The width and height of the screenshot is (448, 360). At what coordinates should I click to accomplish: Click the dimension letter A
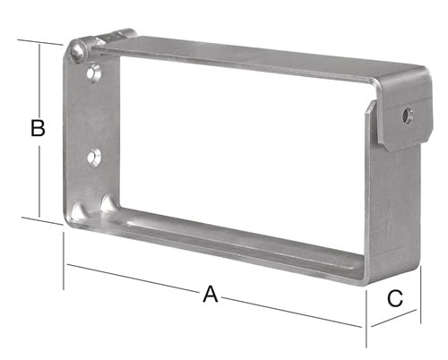[211, 294]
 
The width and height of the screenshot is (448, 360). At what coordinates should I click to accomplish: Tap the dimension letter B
[37, 128]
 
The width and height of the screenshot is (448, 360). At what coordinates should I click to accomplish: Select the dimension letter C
[395, 299]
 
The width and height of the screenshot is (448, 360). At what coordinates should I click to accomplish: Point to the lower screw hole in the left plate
[93, 158]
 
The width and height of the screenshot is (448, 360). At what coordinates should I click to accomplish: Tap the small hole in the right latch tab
[409, 116]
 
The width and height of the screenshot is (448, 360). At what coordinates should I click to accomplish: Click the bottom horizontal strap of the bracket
[242, 251]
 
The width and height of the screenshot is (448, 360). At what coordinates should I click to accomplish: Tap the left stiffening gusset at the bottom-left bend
[81, 211]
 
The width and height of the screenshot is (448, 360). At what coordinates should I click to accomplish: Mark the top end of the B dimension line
[39, 43]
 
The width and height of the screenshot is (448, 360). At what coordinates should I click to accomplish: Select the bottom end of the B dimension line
[39, 215]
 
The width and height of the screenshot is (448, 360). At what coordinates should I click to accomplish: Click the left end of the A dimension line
[65, 265]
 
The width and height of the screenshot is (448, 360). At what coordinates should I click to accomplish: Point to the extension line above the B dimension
[40, 39]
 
